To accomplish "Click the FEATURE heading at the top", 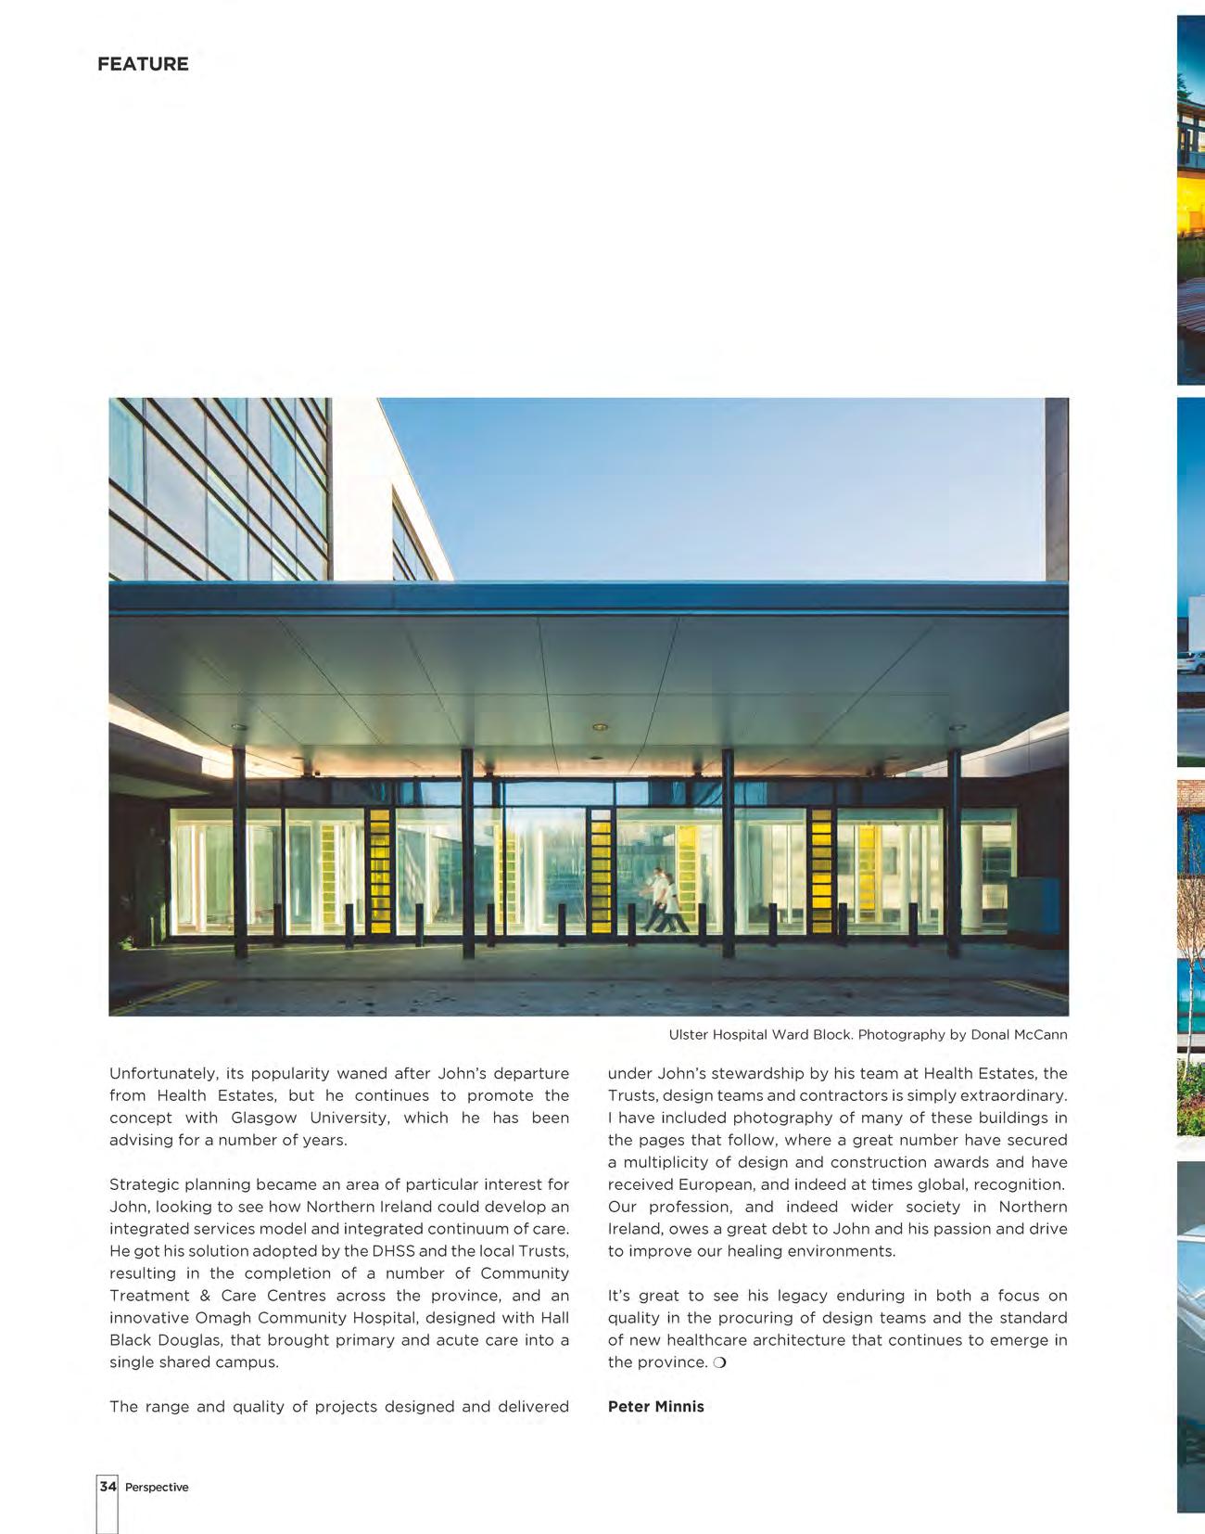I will (x=143, y=64).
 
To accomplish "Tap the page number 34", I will (x=108, y=1487).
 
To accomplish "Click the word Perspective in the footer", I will (x=157, y=1488).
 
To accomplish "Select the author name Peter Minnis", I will (x=655, y=1406).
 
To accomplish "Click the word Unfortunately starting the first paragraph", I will (x=162, y=1073).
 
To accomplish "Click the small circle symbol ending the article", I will (x=719, y=1362).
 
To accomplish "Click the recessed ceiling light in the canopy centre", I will (x=600, y=727).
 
